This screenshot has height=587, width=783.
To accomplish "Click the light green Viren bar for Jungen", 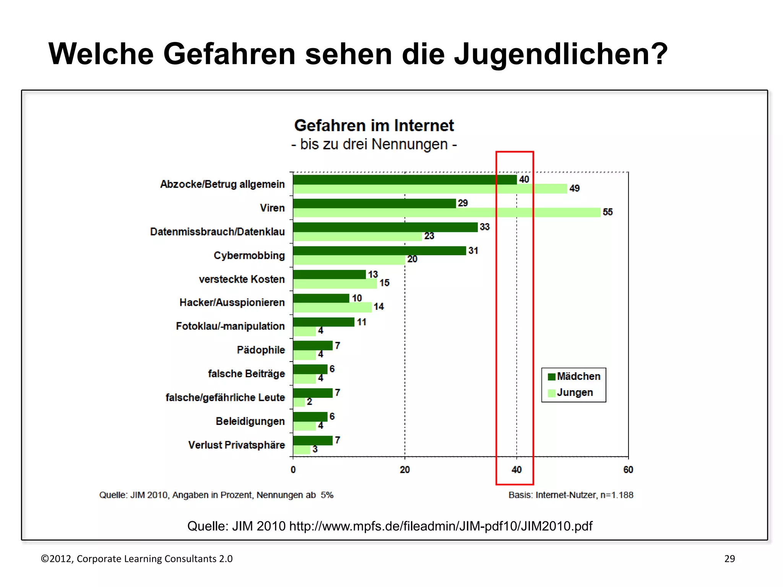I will click(x=447, y=212).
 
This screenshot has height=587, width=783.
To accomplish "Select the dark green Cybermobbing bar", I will click(x=379, y=251).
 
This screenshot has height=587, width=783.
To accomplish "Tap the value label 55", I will click(x=608, y=212).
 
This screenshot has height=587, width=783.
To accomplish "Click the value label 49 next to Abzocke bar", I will click(x=574, y=188).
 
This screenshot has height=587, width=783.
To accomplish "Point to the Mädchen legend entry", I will click(x=574, y=376).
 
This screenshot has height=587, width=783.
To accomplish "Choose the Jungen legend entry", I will click(x=570, y=392).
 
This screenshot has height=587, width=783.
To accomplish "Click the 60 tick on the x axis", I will click(x=628, y=470).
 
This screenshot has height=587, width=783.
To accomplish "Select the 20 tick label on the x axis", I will click(x=404, y=470).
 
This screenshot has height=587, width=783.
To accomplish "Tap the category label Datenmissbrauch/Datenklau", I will click(x=217, y=232).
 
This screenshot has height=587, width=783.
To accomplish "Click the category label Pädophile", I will click(x=261, y=350).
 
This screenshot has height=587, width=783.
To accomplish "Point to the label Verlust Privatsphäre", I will click(x=236, y=445).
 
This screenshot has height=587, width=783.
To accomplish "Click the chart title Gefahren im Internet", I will click(x=374, y=126).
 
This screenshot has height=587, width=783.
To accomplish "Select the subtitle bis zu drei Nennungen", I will click(x=374, y=144).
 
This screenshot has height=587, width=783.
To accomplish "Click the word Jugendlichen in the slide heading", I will click(x=560, y=54).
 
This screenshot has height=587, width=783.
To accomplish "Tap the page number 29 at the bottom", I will click(x=729, y=559).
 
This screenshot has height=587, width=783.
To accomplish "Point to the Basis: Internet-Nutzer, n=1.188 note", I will click(x=571, y=495).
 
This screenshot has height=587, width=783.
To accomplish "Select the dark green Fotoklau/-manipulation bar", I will click(x=323, y=322).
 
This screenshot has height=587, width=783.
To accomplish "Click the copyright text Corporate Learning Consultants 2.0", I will click(x=154, y=559).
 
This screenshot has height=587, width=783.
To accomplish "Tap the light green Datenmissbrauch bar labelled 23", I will click(x=357, y=237).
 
